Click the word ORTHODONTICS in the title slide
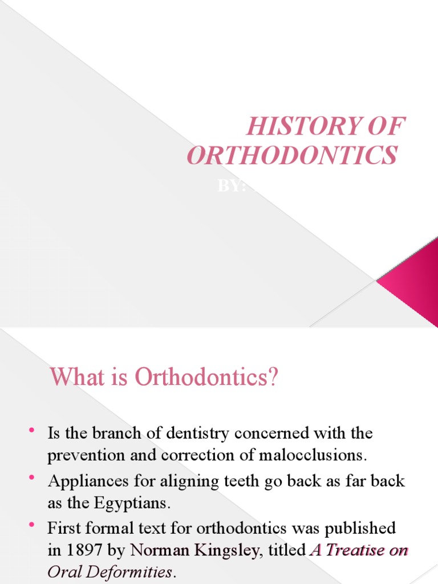pos(291,155)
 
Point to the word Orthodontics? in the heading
pos(206,378)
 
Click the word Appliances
pos(90,481)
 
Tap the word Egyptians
pos(141,504)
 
